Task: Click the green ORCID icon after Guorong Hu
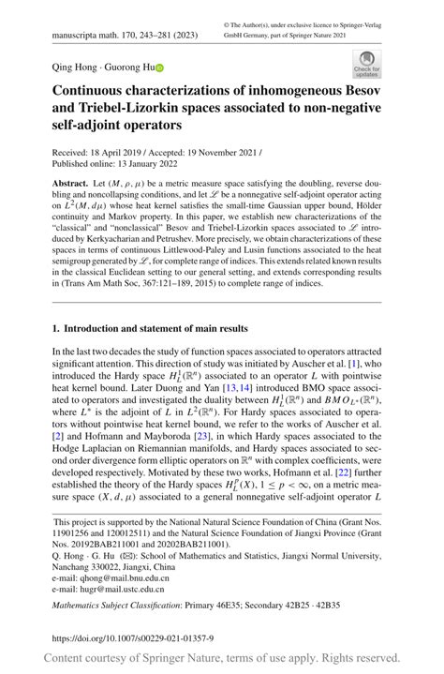point(159,67)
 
